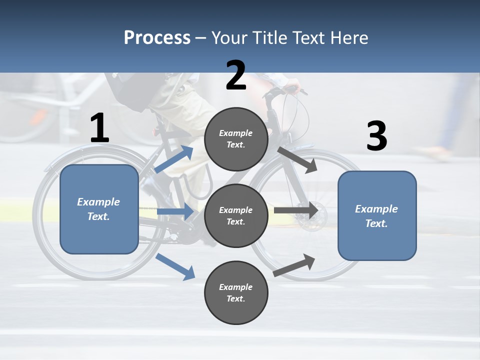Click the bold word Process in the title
(x=157, y=37)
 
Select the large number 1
(x=99, y=128)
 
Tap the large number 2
(x=236, y=75)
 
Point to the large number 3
(x=376, y=136)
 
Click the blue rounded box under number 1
(x=99, y=209)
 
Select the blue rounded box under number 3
(x=377, y=215)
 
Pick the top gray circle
(x=236, y=139)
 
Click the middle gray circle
(x=236, y=215)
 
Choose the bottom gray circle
(x=236, y=292)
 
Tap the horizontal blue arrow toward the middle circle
(x=175, y=212)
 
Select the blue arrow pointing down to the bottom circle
(x=175, y=266)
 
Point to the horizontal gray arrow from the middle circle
(x=296, y=210)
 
